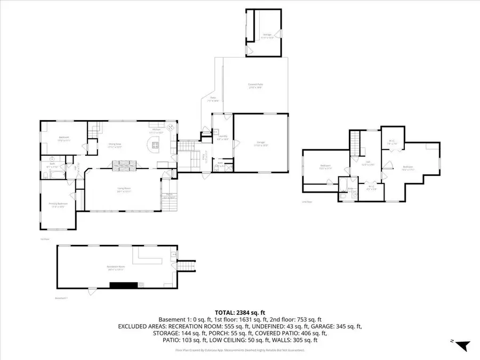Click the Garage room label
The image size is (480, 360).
click(x=261, y=143)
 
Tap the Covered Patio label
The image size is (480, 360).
click(x=255, y=86)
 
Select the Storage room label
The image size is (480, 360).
click(x=267, y=36)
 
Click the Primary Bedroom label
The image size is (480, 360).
click(x=58, y=206)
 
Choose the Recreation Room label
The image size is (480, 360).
click(x=115, y=268)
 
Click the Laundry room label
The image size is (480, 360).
click(x=223, y=137)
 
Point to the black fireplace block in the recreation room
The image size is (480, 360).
click(x=124, y=286)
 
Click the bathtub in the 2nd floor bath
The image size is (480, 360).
click(x=345, y=196)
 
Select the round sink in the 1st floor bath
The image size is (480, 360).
click(x=52, y=159)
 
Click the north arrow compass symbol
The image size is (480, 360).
click(x=462, y=346)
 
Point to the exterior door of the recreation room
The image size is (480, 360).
click(x=92, y=290)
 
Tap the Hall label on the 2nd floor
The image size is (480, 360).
click(x=366, y=164)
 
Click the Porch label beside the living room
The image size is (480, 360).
click(x=169, y=196)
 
